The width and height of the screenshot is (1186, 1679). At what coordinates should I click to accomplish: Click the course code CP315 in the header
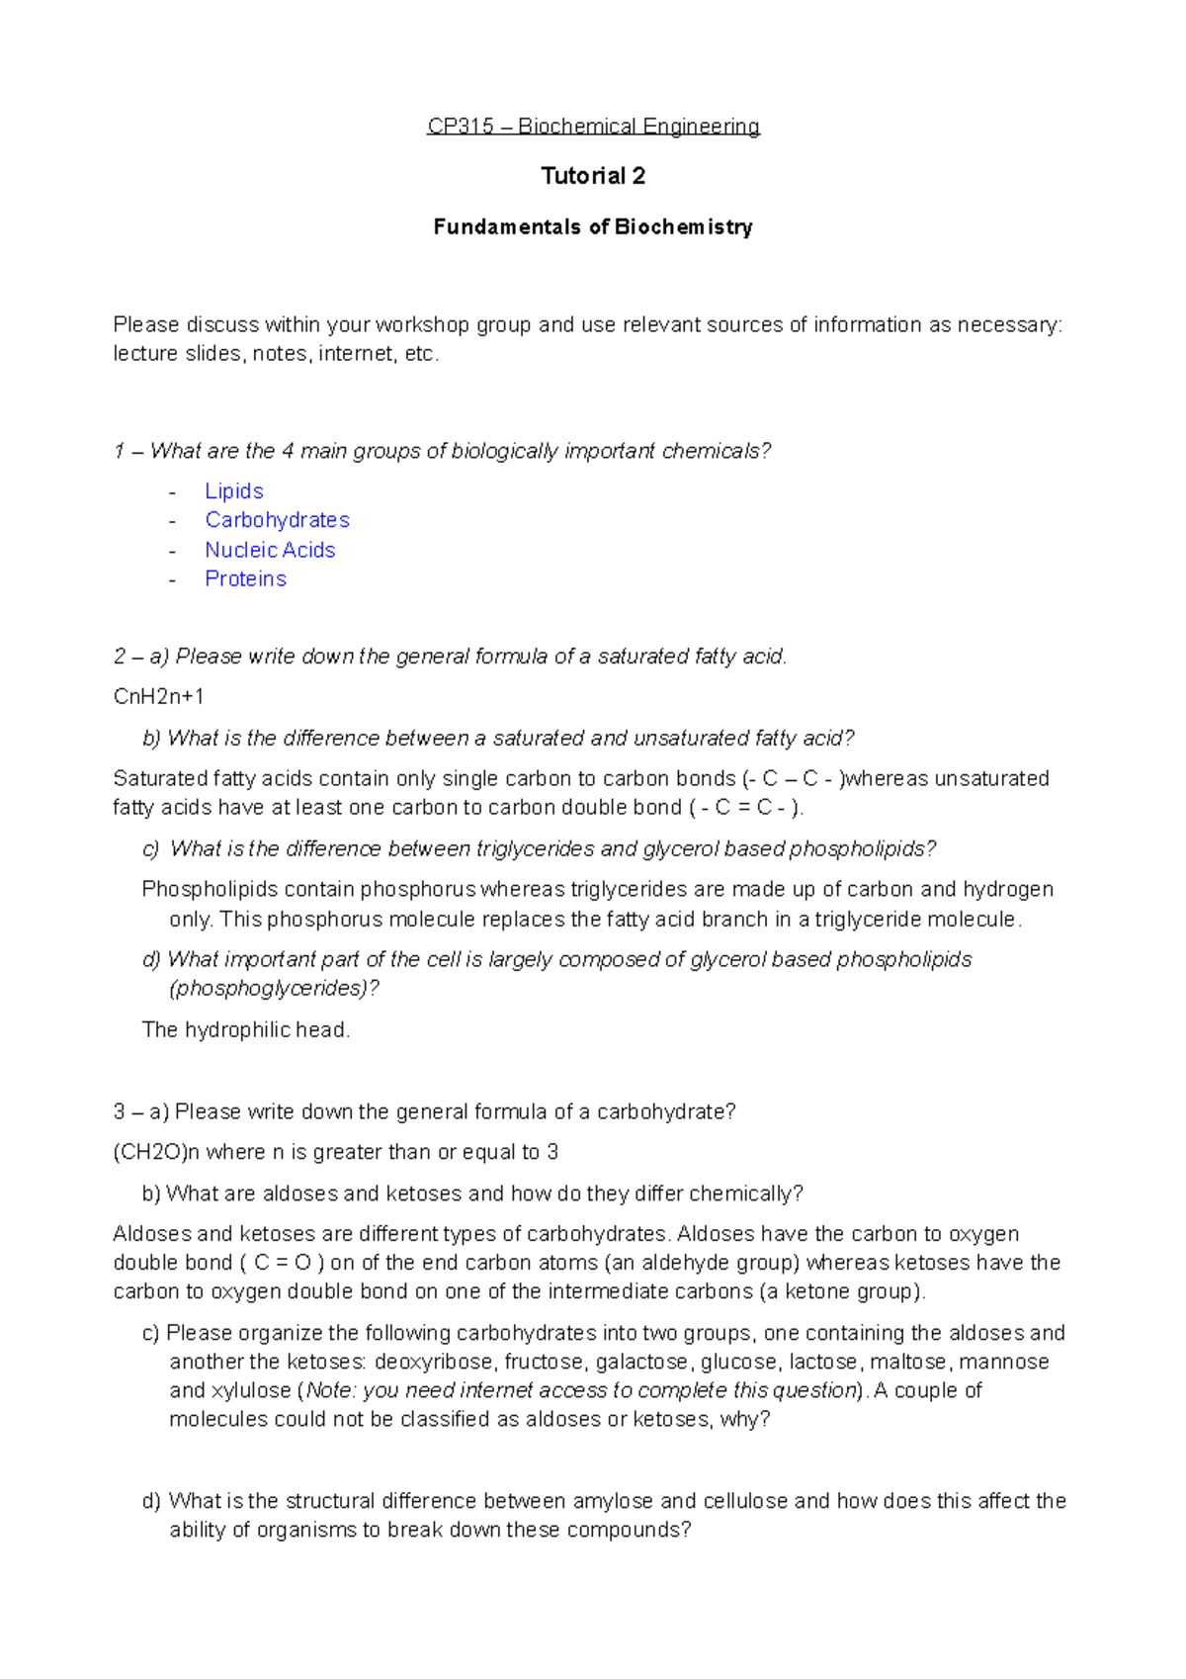coord(460,127)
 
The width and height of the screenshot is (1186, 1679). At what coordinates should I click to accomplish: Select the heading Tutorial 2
coord(593,176)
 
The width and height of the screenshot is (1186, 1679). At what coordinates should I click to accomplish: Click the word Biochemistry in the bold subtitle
coord(683,227)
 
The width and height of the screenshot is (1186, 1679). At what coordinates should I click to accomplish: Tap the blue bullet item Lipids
coord(234,491)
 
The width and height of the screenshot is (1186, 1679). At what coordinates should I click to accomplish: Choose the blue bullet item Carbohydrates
coord(277,520)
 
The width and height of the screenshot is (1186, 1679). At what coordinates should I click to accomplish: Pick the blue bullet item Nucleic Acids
coord(270,550)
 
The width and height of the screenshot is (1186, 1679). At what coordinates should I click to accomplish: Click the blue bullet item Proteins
coord(245,579)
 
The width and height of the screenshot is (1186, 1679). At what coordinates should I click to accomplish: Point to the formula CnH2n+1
coord(158,697)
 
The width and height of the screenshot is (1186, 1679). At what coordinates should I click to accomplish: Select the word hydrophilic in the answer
coord(236,1030)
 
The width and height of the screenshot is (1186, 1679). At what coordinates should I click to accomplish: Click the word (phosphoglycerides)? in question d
coord(274,989)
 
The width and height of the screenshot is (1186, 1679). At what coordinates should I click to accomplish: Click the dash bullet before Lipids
coord(173,492)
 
